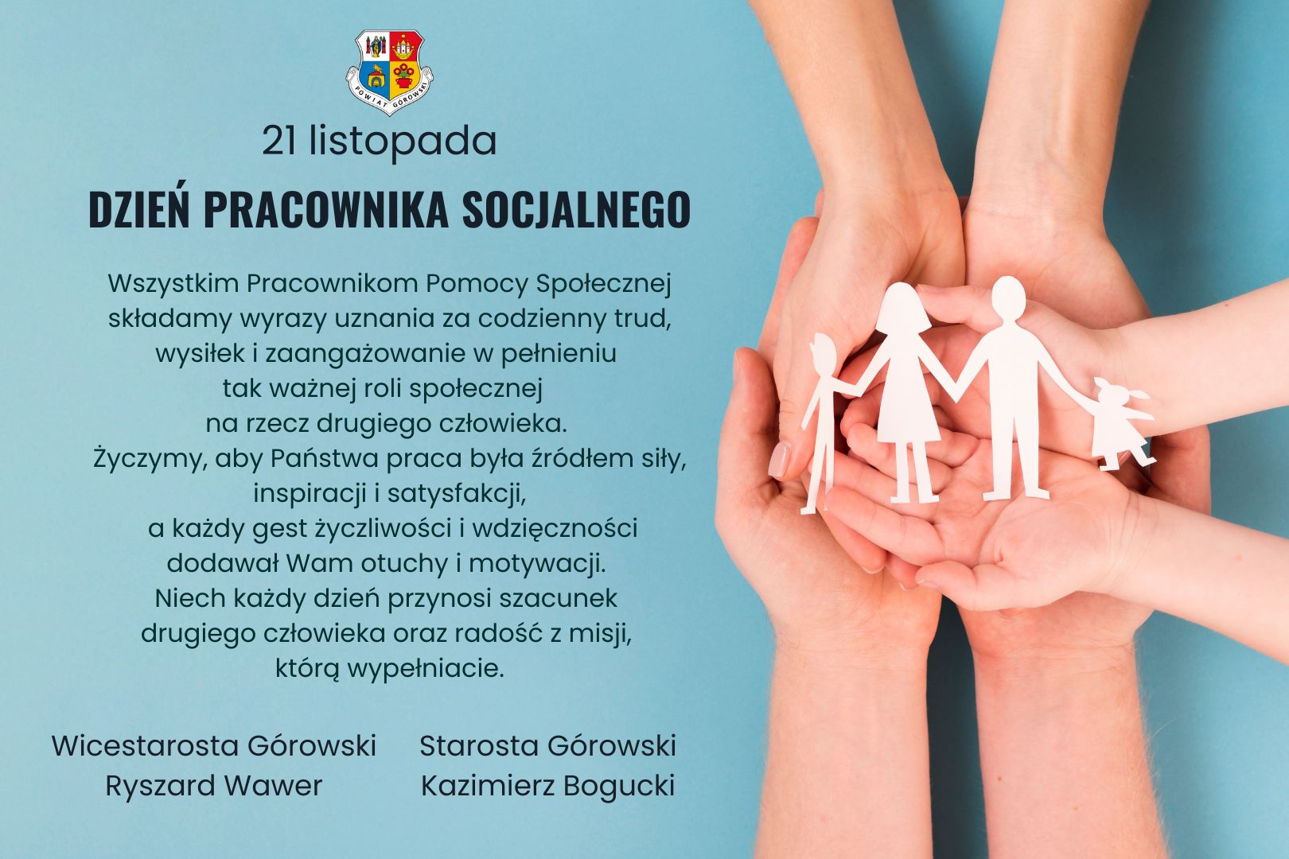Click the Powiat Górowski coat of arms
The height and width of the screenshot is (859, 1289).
point(390,72)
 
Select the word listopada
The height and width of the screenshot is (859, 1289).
point(403,142)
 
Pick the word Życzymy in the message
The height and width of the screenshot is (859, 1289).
point(150,460)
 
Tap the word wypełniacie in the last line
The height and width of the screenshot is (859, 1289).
point(425,670)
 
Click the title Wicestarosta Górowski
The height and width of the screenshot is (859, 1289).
point(214,745)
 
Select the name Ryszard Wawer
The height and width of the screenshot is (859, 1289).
point(214,786)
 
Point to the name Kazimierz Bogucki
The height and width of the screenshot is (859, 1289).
point(547,786)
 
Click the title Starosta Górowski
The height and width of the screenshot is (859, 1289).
point(547,745)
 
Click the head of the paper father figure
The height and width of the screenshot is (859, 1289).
point(1008,297)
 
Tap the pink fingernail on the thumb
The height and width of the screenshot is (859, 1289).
point(779,459)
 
